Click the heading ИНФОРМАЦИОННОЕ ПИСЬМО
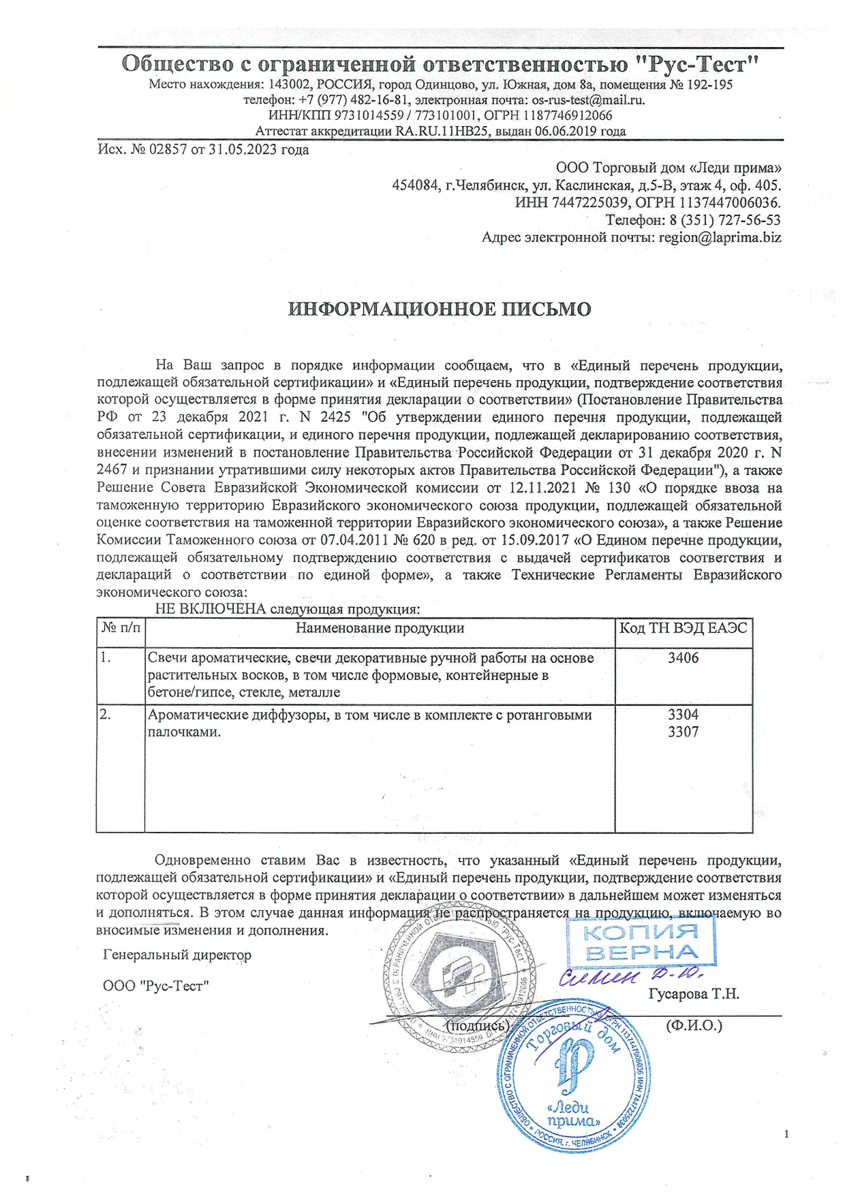(440, 309)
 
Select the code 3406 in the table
(683, 658)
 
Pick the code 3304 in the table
(683, 715)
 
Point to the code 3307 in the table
(683, 732)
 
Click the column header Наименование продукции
(380, 628)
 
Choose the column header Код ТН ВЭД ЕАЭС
(683, 628)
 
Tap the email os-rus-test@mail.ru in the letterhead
(587, 100)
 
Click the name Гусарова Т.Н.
(694, 994)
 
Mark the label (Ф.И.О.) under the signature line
(694, 1025)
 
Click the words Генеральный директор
(177, 955)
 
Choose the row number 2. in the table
(106, 715)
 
